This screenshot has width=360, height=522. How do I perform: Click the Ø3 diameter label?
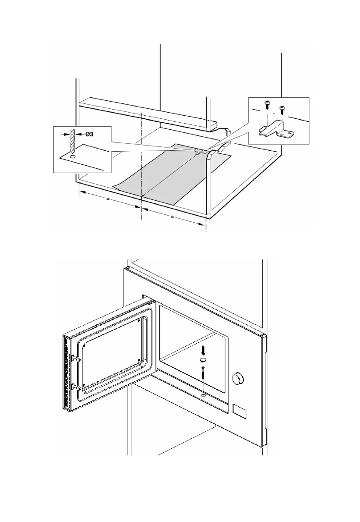pos(92,132)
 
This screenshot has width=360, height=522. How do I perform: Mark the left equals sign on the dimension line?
pos(108,200)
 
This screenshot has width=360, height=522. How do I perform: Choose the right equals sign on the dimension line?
pos(172,216)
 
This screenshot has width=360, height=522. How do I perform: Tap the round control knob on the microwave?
pos(238,377)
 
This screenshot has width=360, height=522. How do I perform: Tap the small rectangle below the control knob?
pos(239,410)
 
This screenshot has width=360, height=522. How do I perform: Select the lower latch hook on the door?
pos(75,386)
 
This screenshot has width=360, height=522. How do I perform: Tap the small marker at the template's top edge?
pos(198,151)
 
